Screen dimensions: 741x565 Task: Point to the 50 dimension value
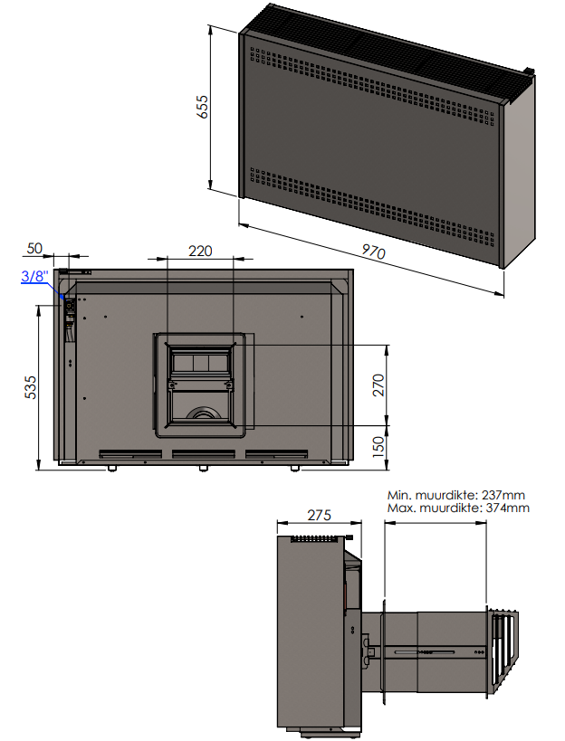point(35,249)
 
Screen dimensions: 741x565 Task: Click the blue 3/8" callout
point(32,278)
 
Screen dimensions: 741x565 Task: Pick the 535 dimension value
point(31,387)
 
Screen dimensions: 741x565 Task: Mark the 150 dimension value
point(378,445)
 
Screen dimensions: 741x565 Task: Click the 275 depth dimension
point(319,515)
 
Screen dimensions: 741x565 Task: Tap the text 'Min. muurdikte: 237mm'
point(455,496)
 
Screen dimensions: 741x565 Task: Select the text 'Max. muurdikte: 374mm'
point(457,508)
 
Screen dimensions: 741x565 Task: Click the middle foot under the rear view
point(203,469)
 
